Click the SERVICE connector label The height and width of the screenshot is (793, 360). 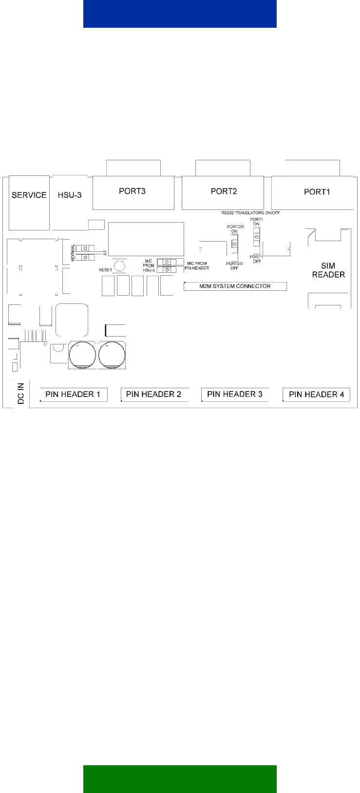point(29,195)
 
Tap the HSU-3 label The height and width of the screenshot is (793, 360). point(70,195)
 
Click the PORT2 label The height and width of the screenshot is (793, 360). point(224,191)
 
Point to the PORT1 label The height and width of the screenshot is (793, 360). point(317,192)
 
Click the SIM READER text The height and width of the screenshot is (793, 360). point(328,270)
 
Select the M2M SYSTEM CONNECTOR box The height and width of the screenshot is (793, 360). point(235,286)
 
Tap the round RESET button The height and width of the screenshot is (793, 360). point(119,265)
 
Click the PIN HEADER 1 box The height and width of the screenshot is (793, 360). point(74,395)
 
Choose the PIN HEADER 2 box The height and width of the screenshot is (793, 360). point(154,395)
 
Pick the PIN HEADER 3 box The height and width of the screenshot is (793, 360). point(235,395)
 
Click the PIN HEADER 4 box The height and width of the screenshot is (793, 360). point(316,395)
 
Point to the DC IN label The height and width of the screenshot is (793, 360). point(21,393)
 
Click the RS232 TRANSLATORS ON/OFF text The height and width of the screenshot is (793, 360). point(250,213)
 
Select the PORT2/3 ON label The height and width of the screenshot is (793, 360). point(235,229)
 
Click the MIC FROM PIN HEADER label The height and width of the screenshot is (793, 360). point(197,266)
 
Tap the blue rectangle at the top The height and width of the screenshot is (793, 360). point(180,14)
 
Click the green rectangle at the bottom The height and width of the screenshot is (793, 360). point(180,779)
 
